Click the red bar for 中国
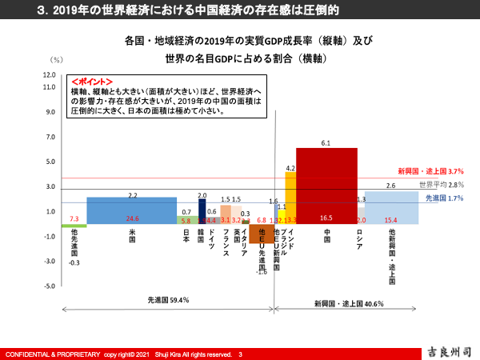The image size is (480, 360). (326, 184)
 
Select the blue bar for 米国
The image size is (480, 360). (132, 210)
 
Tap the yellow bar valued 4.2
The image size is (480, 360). (290, 196)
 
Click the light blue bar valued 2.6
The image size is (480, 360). (390, 207)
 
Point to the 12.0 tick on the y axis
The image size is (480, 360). (49, 74)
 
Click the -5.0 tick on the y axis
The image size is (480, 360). (49, 286)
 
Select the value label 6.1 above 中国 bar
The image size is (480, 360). (326, 142)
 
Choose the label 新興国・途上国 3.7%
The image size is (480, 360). (430, 171)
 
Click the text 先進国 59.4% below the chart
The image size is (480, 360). (167, 301)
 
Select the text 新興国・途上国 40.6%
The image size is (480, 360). (348, 304)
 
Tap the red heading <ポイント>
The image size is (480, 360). (91, 82)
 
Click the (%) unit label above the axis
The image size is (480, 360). (56, 60)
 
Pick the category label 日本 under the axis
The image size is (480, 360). (186, 237)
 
